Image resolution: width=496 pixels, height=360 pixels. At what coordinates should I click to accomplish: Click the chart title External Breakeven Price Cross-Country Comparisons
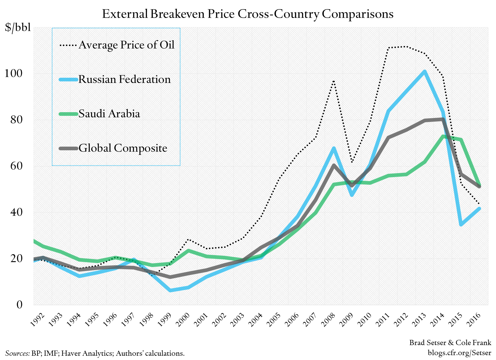click(248, 14)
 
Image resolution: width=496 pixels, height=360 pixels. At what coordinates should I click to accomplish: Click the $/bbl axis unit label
click(18, 27)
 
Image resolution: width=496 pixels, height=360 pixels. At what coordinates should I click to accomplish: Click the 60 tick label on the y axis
click(16, 166)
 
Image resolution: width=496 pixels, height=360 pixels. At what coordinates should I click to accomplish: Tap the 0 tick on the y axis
click(20, 304)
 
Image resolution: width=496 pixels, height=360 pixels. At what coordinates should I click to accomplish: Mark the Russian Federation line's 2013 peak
click(425, 72)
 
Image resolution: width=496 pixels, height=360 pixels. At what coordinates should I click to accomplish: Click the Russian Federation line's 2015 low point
click(461, 225)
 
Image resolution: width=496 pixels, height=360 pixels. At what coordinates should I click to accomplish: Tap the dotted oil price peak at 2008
click(334, 81)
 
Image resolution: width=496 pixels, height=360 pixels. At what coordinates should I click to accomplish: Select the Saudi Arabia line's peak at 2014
click(443, 136)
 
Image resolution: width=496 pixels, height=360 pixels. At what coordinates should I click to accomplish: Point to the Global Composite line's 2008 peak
click(334, 165)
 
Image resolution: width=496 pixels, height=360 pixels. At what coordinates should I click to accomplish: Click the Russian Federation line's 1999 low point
click(170, 290)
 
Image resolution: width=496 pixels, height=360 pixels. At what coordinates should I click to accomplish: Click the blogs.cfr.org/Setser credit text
click(459, 353)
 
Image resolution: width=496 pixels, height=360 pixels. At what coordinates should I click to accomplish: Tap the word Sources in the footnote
click(17, 353)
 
